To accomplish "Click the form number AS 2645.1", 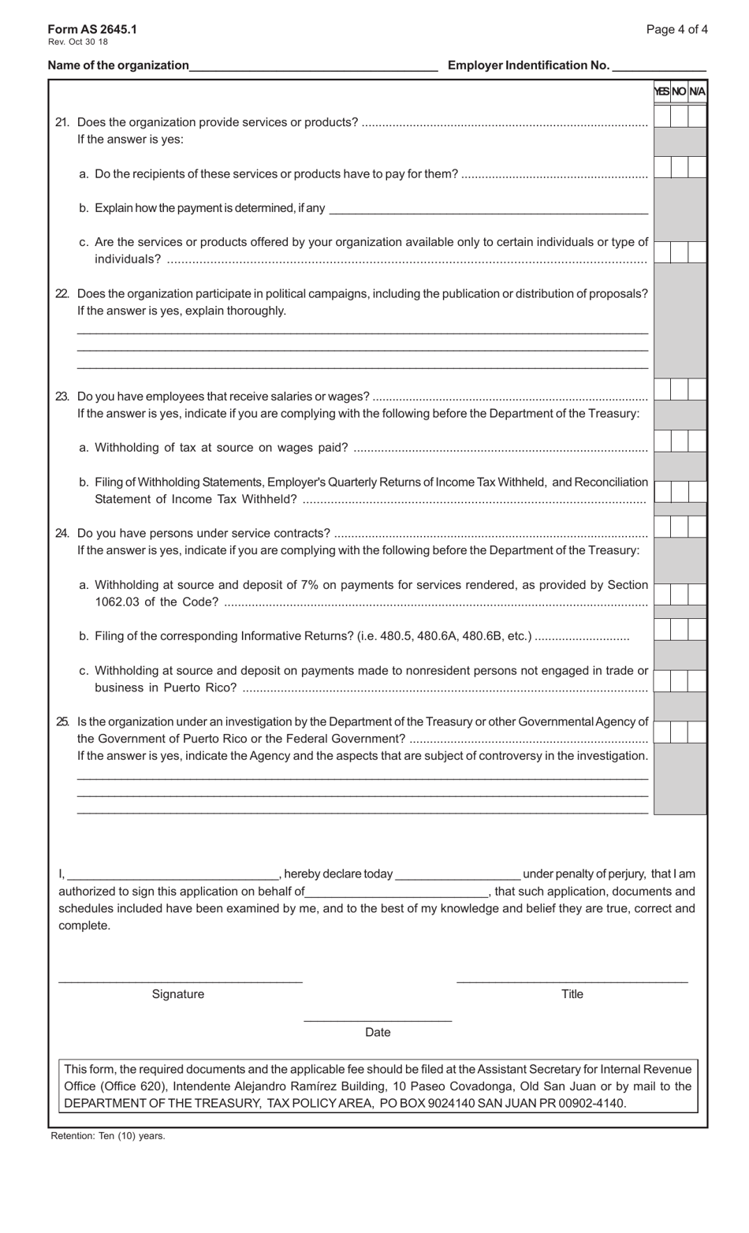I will click(92, 29).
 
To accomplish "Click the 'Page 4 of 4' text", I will click(676, 29).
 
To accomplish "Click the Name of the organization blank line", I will click(313, 66).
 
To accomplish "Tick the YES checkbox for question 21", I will click(662, 116).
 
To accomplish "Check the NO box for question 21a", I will click(680, 167).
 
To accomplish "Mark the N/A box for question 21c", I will click(697, 251).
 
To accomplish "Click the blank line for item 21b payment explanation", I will click(488, 209).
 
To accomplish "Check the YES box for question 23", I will click(662, 389).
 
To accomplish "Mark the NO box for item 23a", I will click(680, 441).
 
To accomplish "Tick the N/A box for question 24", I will click(697, 527).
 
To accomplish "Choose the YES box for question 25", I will click(662, 732).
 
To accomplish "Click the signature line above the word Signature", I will click(181, 979).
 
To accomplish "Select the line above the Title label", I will click(572, 979).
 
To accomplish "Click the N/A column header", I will click(698, 91).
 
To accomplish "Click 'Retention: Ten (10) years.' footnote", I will click(108, 1136).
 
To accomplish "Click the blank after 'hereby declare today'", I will click(457, 874).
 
